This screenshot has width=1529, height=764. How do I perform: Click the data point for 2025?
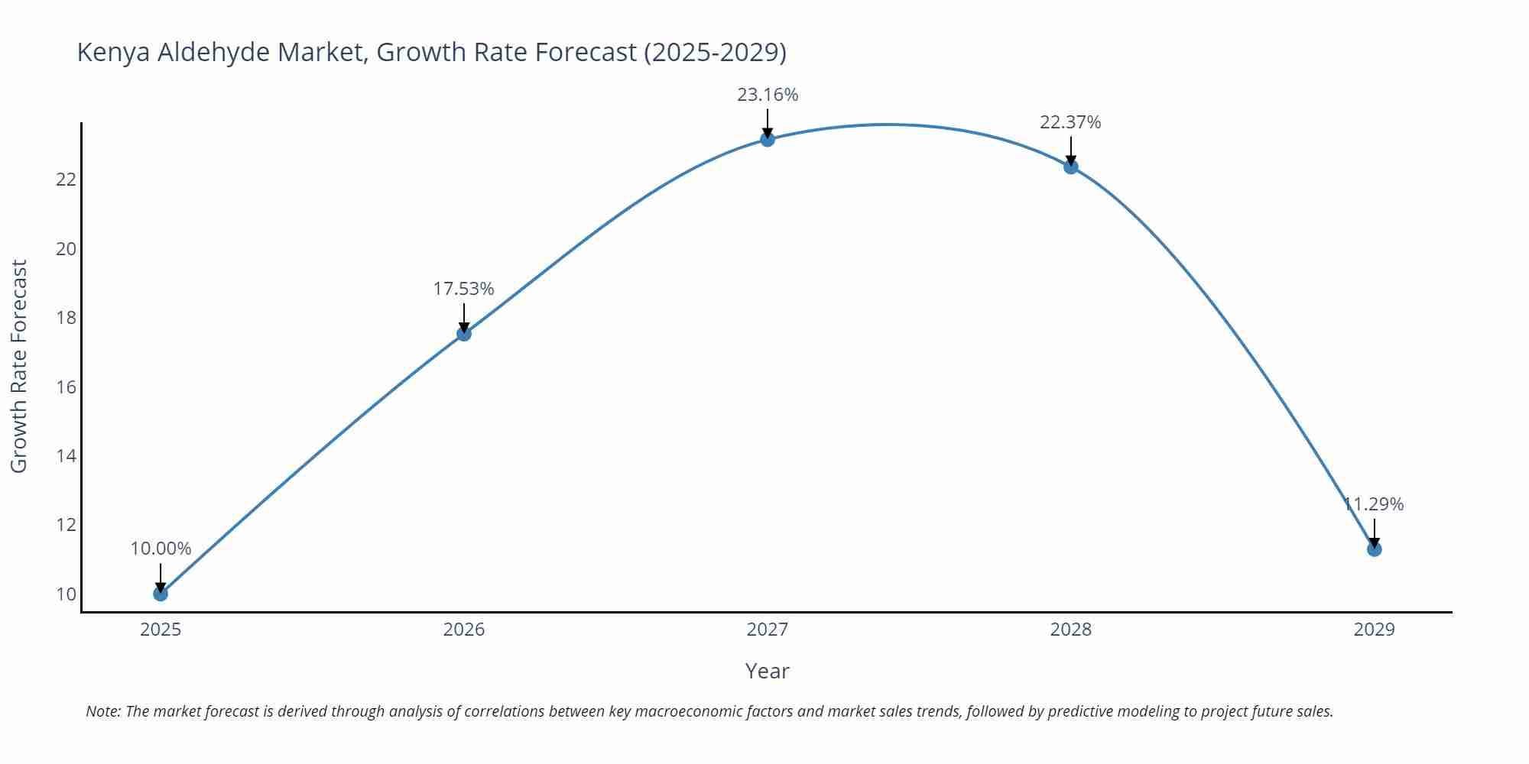point(161,594)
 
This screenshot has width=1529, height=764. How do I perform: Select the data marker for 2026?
point(464,334)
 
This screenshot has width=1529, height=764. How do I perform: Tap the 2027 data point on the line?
point(768,139)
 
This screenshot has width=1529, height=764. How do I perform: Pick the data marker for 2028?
point(1071,167)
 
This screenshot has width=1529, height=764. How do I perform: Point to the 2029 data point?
point(1374,549)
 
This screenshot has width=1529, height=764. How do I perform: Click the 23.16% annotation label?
point(768,95)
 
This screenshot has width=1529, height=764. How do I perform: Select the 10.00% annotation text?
point(161,549)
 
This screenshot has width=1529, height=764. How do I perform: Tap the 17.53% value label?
point(464,289)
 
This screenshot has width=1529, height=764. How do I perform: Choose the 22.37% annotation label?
point(1070,122)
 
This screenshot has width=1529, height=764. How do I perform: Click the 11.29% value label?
point(1374,504)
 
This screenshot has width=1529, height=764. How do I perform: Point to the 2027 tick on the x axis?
point(768,630)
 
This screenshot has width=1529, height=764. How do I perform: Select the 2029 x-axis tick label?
point(1374,630)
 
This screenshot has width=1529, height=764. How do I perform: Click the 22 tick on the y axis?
point(67,180)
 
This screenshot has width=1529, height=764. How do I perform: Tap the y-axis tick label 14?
point(67,456)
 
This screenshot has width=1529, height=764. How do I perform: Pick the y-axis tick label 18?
point(67,318)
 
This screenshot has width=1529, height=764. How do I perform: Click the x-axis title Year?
point(767,671)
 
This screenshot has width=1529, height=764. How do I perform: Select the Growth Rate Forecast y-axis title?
point(19,366)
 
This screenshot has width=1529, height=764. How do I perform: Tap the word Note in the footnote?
point(102,711)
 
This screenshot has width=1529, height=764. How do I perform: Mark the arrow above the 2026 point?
point(464,317)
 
